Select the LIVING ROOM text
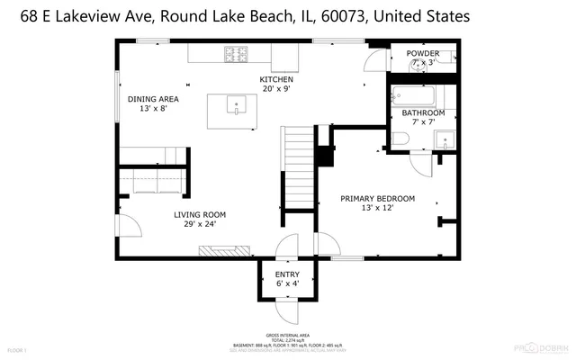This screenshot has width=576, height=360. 200,214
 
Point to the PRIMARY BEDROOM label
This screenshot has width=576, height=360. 377,198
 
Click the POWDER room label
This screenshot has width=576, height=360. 422,53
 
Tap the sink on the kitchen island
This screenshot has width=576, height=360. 235,105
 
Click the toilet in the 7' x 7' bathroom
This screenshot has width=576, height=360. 400,138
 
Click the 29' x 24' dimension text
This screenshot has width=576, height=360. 200,225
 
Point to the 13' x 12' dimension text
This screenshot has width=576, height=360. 377,209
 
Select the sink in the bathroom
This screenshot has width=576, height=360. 443,139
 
